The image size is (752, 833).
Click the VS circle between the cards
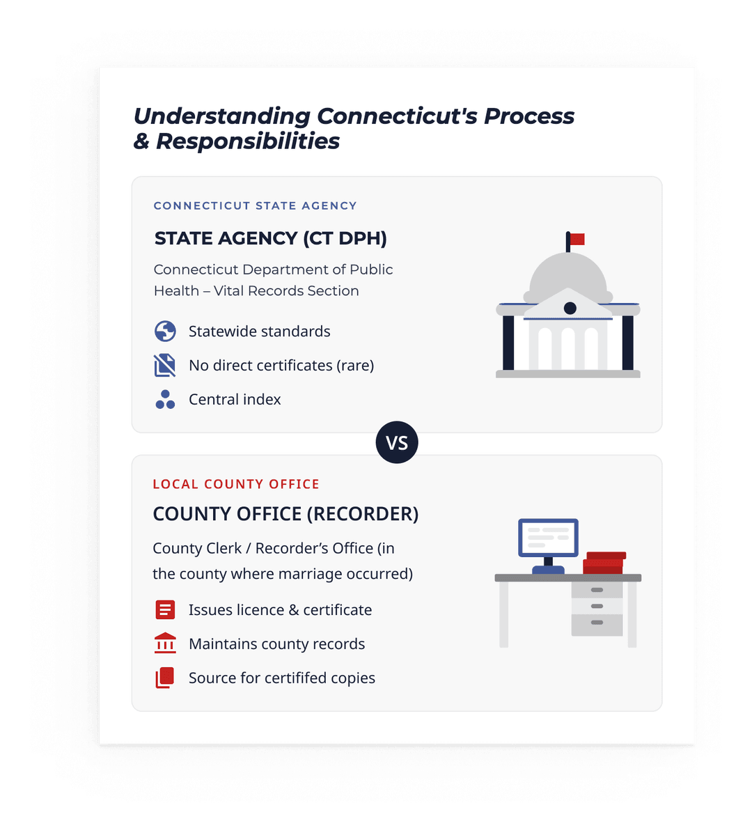[x=397, y=442]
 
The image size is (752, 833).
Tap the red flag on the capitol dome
[x=577, y=240]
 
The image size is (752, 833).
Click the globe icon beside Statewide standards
[x=165, y=331]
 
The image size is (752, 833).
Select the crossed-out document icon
[x=165, y=365]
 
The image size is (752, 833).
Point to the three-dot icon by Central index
[x=165, y=400]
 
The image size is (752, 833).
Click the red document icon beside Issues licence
[x=165, y=609]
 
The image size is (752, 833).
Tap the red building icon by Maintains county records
[x=165, y=643]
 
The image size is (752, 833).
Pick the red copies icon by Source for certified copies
[x=165, y=678]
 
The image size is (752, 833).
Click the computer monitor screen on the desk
[x=548, y=538]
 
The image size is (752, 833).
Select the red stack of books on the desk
[x=604, y=563]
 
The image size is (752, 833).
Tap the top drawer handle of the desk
[x=597, y=590]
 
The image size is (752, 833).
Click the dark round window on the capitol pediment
[x=570, y=308]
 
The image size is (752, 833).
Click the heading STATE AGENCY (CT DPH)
[x=270, y=238]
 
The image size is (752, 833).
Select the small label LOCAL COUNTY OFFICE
[x=236, y=484]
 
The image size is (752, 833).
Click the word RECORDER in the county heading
[x=362, y=514]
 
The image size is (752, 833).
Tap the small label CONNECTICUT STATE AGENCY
[x=255, y=205]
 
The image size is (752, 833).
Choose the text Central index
[x=235, y=400]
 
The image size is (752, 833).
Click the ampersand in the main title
[x=141, y=141]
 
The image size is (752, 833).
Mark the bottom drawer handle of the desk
[x=597, y=622]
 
